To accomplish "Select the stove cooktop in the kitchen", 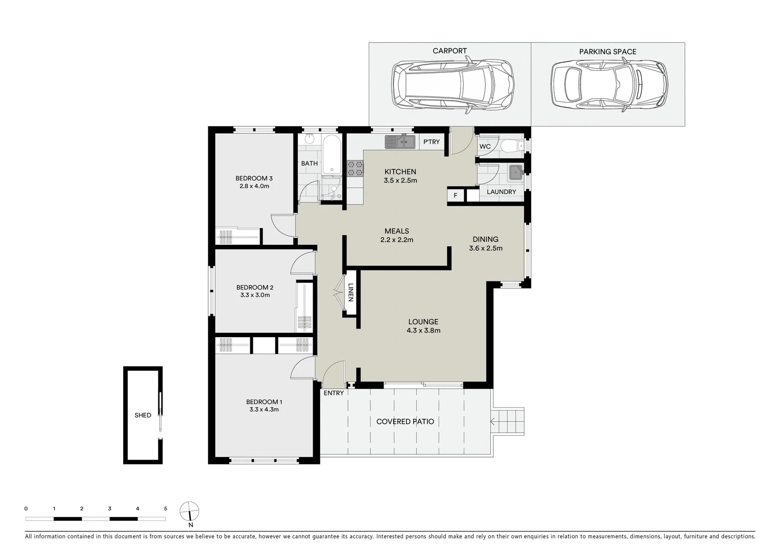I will pos(356,168).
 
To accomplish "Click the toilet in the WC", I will pos(511,147).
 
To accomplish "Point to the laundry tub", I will pos(515,173).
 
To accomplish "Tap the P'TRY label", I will pos(432,142).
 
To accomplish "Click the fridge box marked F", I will pos(455,196).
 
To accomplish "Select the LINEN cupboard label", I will pos(350,293).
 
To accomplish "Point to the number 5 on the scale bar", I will pos(165,509).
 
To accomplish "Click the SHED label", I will pos(143,415).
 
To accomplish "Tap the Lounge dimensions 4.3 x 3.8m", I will pos(423,331).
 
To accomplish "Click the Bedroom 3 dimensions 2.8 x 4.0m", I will pos(254,186).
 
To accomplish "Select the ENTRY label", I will pos(334,393).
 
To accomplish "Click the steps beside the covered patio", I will pos(509,421).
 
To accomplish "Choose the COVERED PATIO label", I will pos(405,421).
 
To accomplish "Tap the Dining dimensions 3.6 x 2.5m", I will pos(485,248).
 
